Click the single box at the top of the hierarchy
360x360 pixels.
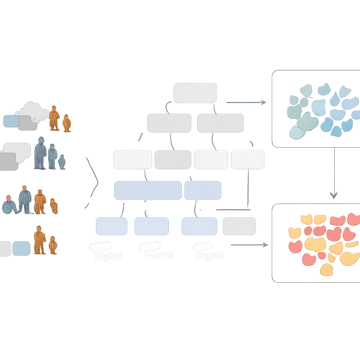195,93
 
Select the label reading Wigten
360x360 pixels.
107,255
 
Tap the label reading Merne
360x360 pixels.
159,255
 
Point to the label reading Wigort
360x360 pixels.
209,255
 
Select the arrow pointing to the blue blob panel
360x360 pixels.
246,102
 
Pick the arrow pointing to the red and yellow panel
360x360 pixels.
249,245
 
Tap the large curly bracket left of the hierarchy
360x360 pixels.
92,183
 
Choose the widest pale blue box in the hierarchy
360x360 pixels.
148,190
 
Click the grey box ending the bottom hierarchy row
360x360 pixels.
239,226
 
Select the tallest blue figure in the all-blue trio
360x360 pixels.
40,153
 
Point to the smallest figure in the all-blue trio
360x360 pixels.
62,162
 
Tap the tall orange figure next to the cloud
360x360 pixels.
54,118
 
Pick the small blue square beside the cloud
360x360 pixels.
11,121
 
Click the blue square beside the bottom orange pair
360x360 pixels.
21,248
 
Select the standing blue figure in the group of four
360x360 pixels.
25,200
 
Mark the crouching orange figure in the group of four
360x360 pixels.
54,206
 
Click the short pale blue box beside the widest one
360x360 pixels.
202,190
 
